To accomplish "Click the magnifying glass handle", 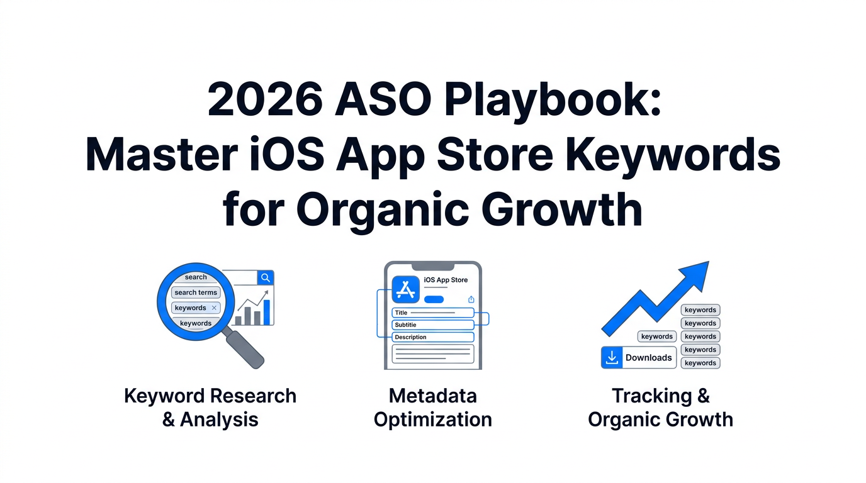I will pos(245,349).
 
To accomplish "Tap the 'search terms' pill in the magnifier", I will pos(196,292).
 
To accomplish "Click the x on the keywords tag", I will pos(214,308).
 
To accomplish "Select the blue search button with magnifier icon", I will pos(266,278).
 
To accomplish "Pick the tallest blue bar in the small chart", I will pos(267,312).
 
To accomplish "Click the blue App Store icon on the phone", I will pos(405,290).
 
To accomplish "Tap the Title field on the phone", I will pos(432,313).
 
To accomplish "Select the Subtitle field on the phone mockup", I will pos(432,325).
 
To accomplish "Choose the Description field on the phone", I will pos(432,337).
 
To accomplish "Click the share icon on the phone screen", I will pos(471,299).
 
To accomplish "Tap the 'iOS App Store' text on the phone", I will pos(446,280).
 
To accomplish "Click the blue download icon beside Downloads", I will pos(611,357).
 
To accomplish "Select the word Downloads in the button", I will pos(648,358).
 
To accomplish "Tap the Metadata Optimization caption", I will pos(432,408).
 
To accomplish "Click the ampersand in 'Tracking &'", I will pos(703,396).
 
